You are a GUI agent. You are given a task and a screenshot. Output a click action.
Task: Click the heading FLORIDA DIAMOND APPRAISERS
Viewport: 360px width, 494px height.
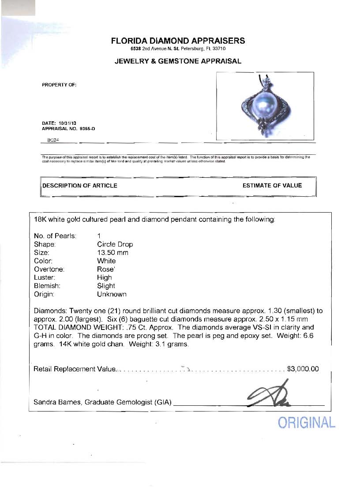(x=178, y=41)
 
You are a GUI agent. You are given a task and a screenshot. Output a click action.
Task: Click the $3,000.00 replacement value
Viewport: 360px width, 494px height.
(x=303, y=369)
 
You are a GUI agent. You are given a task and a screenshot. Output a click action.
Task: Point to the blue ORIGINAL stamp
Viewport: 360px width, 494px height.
(x=307, y=423)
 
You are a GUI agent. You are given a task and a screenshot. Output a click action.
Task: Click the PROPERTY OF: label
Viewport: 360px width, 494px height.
(x=59, y=85)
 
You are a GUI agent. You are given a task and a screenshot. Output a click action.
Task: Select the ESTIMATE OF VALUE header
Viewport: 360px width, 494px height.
(x=272, y=186)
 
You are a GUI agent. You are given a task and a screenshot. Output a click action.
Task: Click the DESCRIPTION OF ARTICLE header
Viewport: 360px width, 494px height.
(x=80, y=186)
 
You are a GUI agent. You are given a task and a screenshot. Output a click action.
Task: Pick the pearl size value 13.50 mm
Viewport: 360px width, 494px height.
(x=112, y=253)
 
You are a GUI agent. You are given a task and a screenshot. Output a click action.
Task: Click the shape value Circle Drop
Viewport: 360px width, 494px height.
(x=115, y=244)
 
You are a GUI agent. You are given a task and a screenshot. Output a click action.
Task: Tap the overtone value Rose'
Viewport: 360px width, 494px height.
(x=106, y=269)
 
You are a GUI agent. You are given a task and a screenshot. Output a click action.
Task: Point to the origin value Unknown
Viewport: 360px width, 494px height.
(x=112, y=294)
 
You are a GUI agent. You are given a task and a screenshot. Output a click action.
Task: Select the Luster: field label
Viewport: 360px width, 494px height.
(x=45, y=277)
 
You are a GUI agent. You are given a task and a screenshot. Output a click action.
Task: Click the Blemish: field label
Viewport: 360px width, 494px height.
(x=46, y=286)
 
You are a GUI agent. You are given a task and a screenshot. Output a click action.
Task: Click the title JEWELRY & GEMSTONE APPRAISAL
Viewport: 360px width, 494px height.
(x=178, y=61)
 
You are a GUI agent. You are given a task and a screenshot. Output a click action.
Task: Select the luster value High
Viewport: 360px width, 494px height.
(x=105, y=277)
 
